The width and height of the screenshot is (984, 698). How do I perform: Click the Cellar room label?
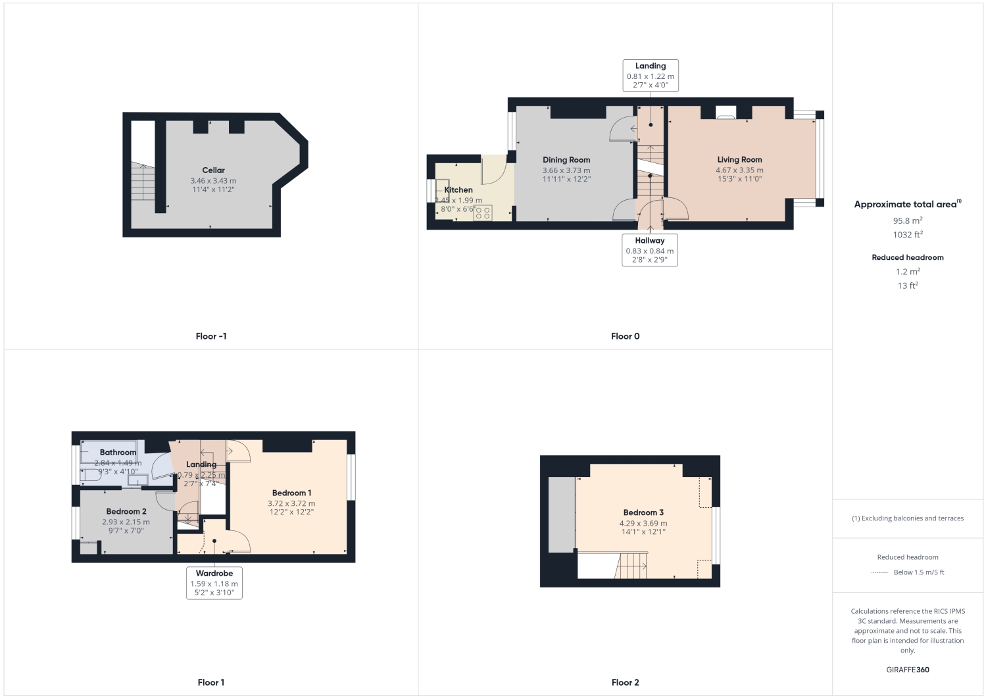[x=213, y=170]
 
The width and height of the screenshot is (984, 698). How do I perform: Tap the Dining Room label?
[x=566, y=160]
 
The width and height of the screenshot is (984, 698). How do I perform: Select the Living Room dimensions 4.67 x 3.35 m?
[x=739, y=170]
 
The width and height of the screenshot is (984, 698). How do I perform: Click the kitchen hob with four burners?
[x=482, y=212]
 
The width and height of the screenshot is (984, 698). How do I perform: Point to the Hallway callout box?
[x=650, y=251]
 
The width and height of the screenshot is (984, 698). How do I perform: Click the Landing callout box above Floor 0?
[x=650, y=76]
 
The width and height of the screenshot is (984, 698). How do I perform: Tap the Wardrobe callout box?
[x=214, y=583]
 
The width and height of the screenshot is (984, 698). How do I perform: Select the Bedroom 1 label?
[x=291, y=493]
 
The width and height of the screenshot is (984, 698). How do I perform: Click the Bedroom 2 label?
[x=126, y=511]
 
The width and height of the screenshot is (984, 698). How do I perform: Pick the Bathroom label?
[x=118, y=453]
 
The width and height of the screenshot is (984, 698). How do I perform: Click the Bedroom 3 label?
[x=643, y=512]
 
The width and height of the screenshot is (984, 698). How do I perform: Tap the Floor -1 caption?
[x=211, y=336]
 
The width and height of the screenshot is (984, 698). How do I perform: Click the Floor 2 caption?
[x=625, y=682]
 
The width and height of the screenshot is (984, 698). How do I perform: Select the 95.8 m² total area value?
[x=907, y=220]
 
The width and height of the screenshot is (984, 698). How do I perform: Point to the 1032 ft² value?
[x=907, y=234]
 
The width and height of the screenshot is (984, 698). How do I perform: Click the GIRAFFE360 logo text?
[x=907, y=670]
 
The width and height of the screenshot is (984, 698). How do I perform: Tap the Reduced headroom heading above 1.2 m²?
[x=907, y=257]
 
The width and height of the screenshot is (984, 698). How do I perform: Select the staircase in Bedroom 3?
[x=632, y=566]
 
